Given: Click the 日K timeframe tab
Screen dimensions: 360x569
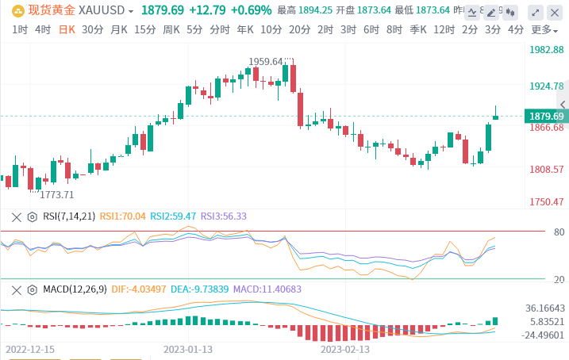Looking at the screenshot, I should (x=66, y=29).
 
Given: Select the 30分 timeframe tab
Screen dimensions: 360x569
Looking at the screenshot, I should (x=92, y=29).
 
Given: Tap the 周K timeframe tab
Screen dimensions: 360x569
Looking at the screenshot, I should (x=171, y=29).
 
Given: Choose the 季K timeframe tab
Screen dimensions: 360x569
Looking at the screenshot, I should (x=418, y=29).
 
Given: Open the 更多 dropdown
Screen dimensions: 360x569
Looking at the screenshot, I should (x=544, y=29).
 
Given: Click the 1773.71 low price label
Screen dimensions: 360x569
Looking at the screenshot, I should (x=57, y=194).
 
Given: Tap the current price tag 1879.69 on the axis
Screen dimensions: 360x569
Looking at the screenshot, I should (x=546, y=117).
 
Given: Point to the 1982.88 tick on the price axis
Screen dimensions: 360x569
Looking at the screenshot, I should (x=546, y=49).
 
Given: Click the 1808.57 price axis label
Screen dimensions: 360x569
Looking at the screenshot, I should (x=546, y=169).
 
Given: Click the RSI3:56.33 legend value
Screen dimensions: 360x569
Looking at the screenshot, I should (x=223, y=216).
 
